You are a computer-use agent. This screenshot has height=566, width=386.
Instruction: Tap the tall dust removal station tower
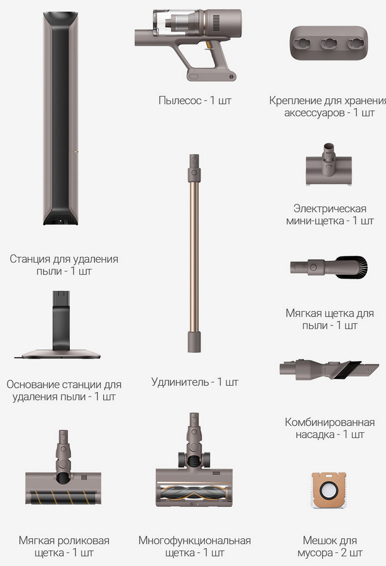[61, 118]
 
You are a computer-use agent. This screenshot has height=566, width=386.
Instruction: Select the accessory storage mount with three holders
[328, 43]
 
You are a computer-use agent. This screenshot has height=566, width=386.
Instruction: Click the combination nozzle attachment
[329, 369]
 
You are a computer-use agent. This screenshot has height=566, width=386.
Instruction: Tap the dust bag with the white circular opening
[328, 490]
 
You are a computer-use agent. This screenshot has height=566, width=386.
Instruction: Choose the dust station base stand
[58, 325]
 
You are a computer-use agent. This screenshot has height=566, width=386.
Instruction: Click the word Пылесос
[180, 100]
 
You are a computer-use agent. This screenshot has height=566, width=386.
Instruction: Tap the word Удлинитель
[180, 382]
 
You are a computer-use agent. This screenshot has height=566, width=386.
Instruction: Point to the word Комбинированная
[330, 422]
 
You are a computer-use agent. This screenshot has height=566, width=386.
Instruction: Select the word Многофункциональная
[194, 540]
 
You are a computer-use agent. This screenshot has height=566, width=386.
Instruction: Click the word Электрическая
[330, 208]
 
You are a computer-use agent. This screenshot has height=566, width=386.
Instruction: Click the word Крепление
[295, 100]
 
